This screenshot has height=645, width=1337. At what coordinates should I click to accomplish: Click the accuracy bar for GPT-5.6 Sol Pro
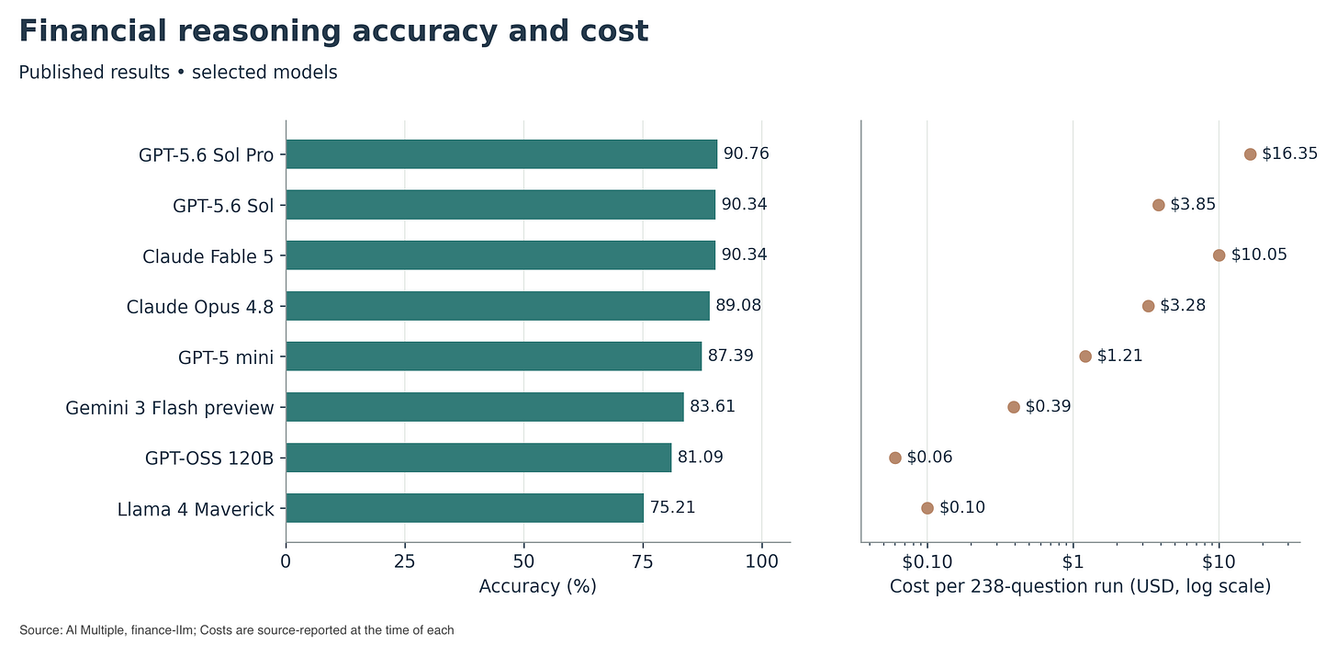(501, 154)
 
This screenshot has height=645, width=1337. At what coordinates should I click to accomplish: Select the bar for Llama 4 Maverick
(465, 507)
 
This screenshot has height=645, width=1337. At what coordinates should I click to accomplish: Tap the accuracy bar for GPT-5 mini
(494, 356)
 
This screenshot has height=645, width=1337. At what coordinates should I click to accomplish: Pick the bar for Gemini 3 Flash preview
(485, 407)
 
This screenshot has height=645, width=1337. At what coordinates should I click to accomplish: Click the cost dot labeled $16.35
(1250, 154)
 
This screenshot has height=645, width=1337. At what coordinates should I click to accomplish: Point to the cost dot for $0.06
(894, 458)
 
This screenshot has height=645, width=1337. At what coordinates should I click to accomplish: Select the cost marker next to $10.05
(1219, 255)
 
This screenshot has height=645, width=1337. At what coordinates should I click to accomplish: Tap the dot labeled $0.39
(1014, 407)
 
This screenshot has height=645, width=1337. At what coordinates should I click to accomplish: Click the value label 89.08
(738, 305)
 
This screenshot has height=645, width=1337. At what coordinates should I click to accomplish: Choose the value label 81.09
(700, 457)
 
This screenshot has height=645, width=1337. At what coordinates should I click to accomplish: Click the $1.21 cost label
(1119, 356)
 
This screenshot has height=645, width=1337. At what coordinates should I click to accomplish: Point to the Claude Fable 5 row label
(208, 256)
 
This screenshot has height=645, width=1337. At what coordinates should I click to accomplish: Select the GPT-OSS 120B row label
(209, 458)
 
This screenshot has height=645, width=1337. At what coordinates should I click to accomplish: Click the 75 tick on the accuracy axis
(643, 561)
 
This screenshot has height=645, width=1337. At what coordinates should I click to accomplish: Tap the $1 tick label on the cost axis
(1073, 561)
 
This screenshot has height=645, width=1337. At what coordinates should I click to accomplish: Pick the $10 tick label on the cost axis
(1219, 561)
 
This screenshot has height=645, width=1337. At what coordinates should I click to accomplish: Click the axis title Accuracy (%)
(538, 586)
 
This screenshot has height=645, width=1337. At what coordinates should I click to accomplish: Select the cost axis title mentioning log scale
(1080, 586)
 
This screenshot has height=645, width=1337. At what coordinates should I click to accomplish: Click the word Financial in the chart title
(93, 31)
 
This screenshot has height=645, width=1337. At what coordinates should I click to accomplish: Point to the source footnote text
(236, 630)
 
